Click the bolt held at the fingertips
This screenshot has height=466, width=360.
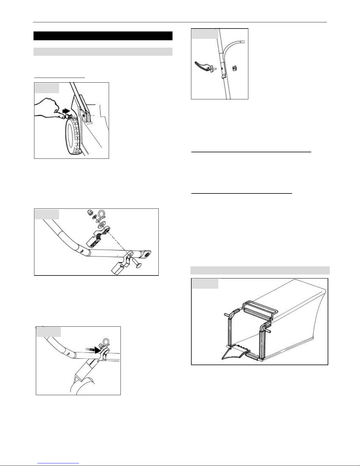click(68, 116)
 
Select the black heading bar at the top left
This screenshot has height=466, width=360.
click(103, 36)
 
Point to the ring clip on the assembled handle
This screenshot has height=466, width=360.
click(103, 344)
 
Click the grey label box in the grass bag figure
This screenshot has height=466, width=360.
click(205, 283)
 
